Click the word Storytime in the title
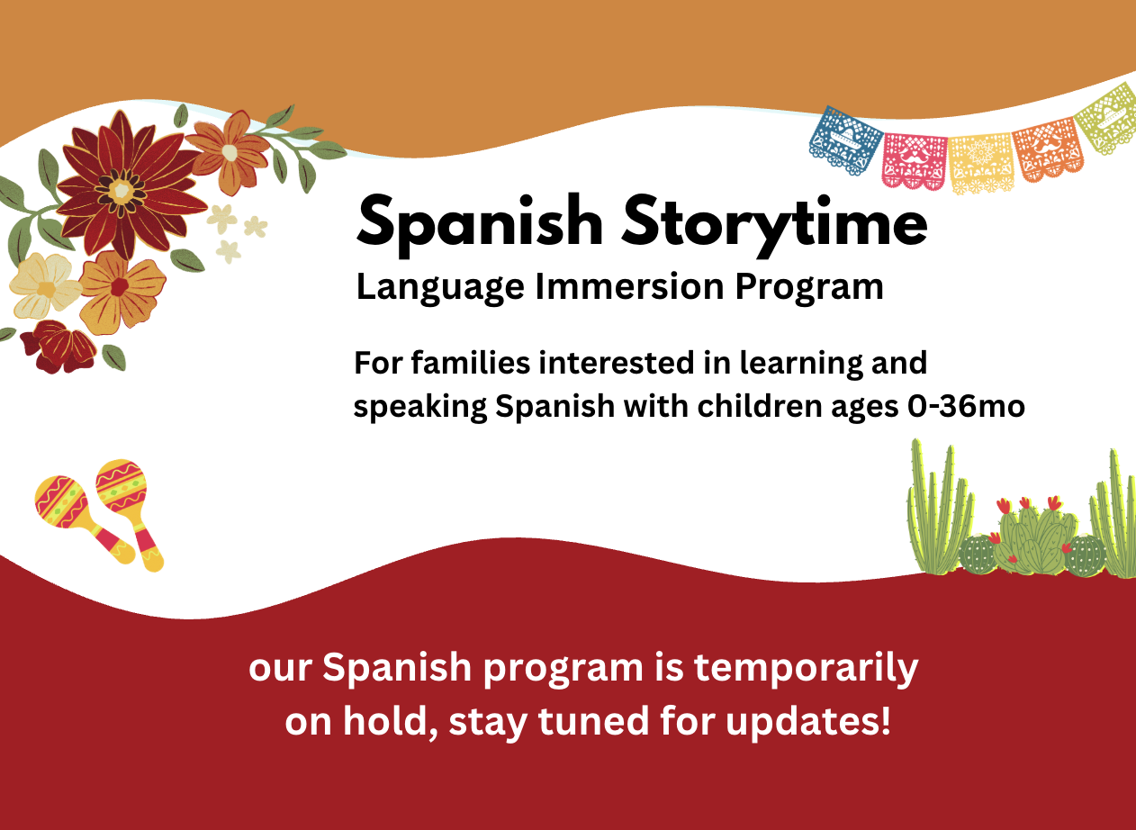(x=775, y=225)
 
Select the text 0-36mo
(x=966, y=407)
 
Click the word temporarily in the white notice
(x=806, y=669)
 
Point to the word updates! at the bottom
(x=807, y=721)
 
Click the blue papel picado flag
(x=843, y=140)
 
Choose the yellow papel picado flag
(x=981, y=163)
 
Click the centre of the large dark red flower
(x=122, y=191)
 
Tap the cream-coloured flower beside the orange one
(x=45, y=285)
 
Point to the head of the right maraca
(x=122, y=484)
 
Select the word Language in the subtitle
(x=441, y=287)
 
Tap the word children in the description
(x=761, y=407)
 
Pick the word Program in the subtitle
(x=809, y=287)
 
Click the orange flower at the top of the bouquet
(x=230, y=152)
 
